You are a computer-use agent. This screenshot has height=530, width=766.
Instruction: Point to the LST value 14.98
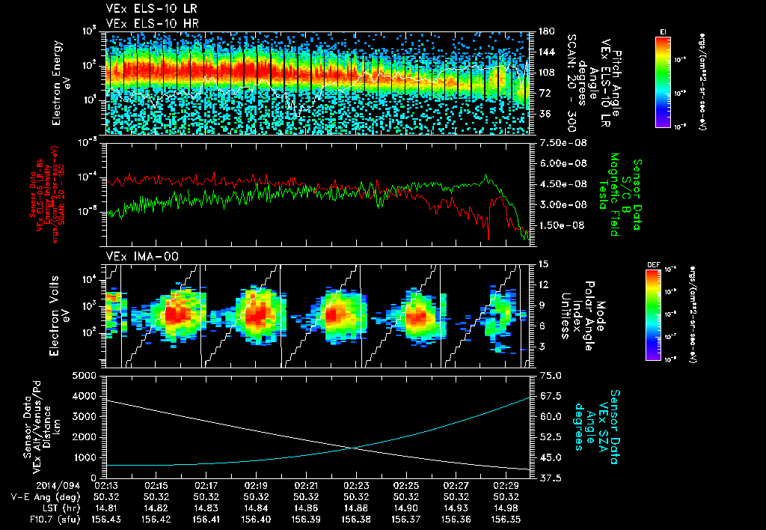(x=506, y=508)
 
